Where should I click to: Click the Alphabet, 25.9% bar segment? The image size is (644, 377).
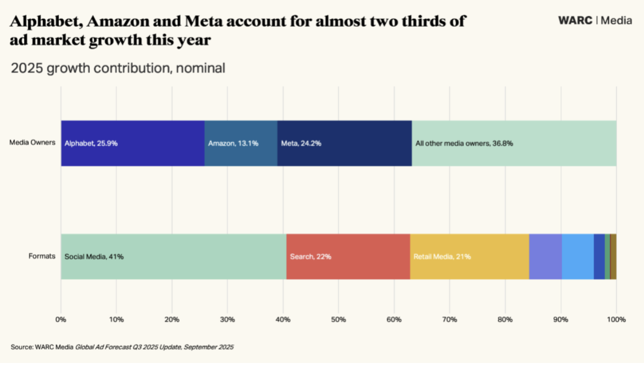coord(133,144)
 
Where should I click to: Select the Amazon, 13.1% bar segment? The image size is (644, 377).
coord(241,144)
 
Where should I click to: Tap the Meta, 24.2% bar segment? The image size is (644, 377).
coord(344,144)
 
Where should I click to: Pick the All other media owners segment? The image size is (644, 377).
coord(514,144)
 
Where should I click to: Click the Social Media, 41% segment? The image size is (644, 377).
coord(173,257)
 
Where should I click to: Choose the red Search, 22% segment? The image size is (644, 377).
coord(348,257)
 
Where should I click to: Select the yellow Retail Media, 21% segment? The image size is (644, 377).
coord(469,257)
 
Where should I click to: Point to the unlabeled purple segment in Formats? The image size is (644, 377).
coord(546,257)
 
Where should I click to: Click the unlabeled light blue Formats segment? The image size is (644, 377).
coord(577,257)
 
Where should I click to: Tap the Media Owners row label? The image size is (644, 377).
coord(33,143)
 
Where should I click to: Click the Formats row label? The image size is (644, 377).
coord(42,256)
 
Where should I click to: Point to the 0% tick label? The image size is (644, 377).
coord(61,319)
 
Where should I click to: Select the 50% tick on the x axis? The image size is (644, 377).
coord(338,319)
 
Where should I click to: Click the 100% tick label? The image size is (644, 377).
coord(616,319)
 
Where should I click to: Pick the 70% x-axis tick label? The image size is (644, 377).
coord(449,319)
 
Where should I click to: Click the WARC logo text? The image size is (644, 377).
coord(575,20)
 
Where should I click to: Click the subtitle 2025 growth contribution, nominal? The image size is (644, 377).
coord(118,68)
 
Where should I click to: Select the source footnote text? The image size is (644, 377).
coord(122,347)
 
